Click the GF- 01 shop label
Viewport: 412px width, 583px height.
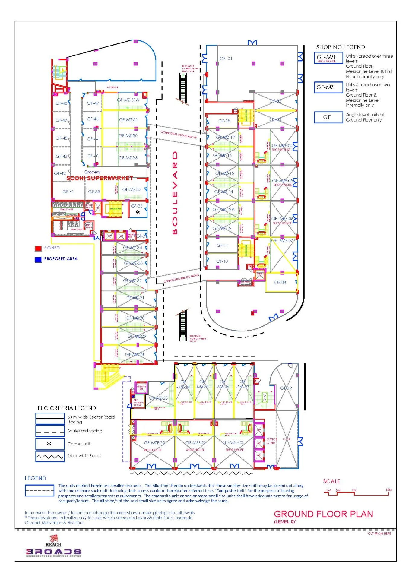click(x=226, y=59)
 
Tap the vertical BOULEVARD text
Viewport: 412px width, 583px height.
click(x=175, y=193)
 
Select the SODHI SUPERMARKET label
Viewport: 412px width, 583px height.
click(x=100, y=178)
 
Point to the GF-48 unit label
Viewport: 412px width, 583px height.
click(x=61, y=103)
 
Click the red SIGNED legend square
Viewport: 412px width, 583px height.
click(x=38, y=248)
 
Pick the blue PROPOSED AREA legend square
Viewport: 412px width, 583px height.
click(x=38, y=259)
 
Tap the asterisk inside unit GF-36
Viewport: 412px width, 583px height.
click(x=138, y=212)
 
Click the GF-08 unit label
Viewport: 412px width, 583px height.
click(x=280, y=282)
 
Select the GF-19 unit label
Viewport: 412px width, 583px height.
click(x=286, y=388)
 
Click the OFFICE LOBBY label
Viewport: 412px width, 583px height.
click(x=271, y=441)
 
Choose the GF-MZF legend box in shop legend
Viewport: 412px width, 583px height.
click(x=328, y=58)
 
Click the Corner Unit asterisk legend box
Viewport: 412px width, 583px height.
click(x=50, y=444)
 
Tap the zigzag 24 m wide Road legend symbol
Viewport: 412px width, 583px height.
click(x=50, y=457)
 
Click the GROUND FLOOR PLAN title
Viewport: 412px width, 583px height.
click(x=323, y=514)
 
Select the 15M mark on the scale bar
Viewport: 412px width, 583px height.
click(x=388, y=490)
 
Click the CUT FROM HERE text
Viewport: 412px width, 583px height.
click(x=379, y=534)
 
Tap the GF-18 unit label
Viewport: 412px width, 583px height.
click(x=224, y=121)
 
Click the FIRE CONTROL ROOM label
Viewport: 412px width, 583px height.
click(x=139, y=403)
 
